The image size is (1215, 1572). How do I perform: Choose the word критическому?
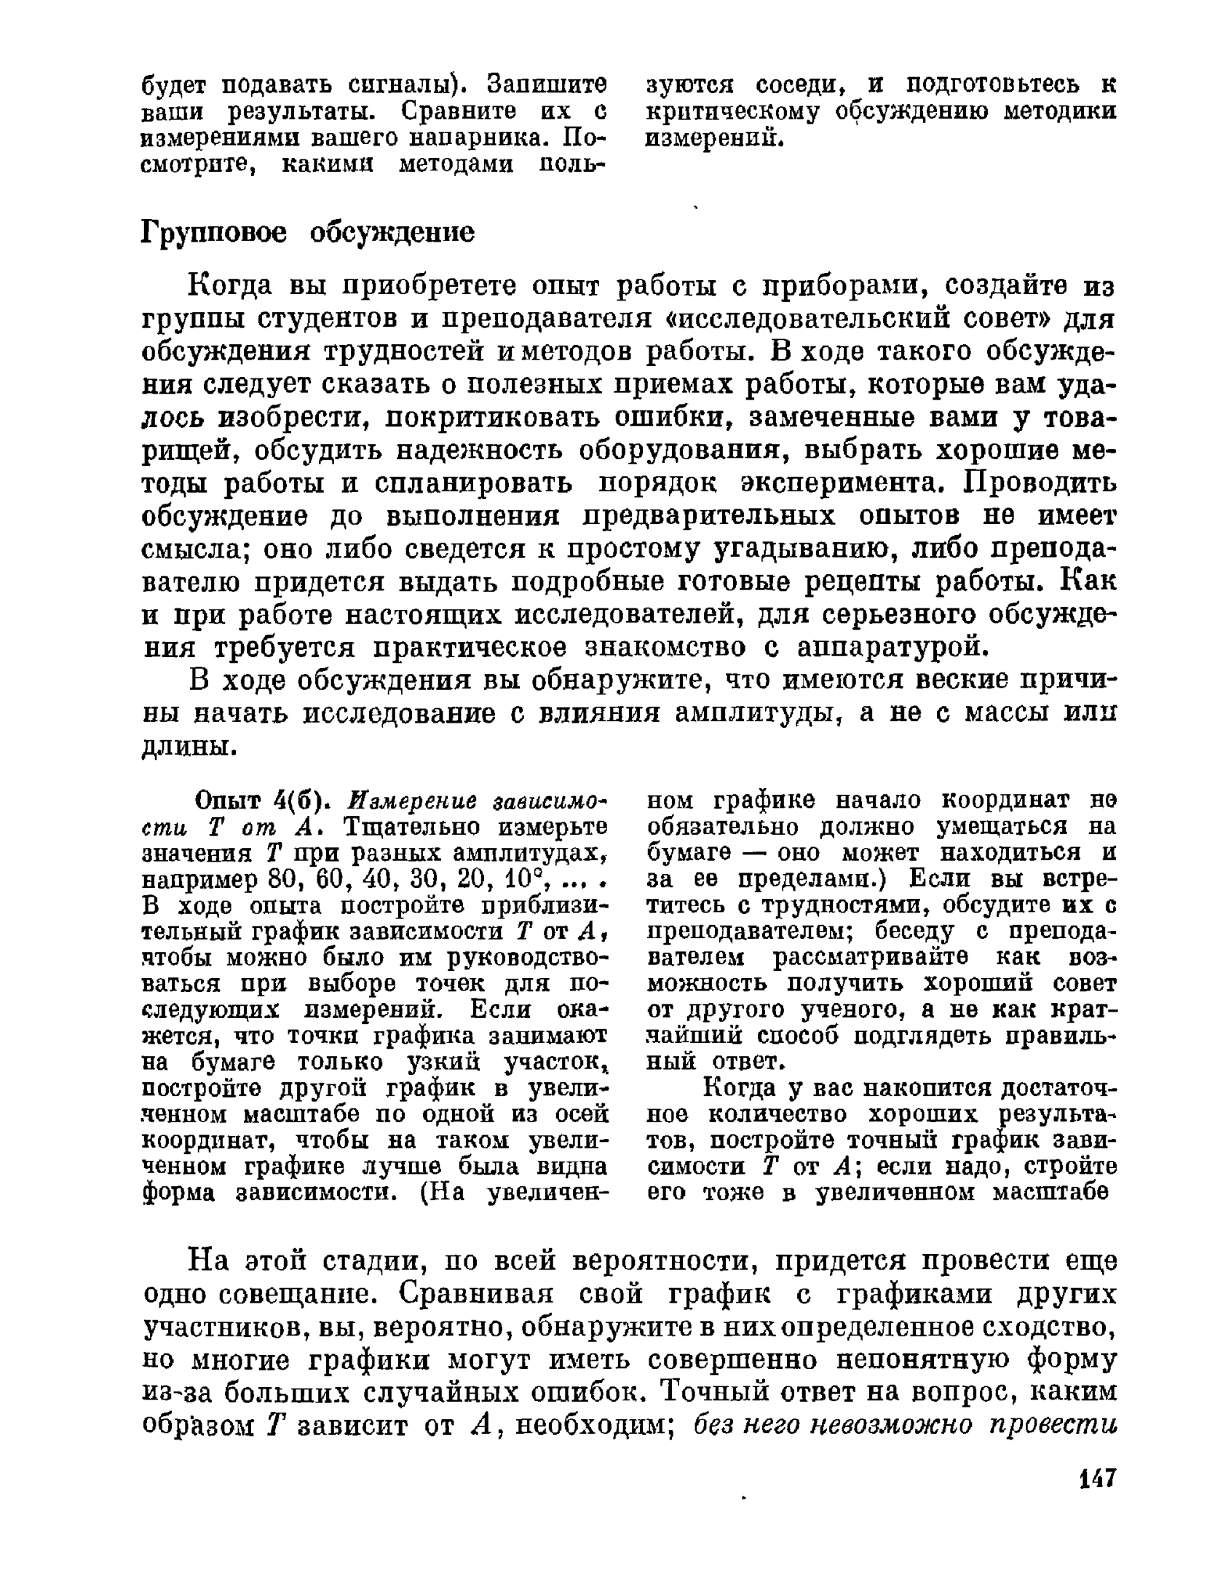(x=736, y=112)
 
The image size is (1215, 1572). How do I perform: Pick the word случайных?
(x=479, y=1392)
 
